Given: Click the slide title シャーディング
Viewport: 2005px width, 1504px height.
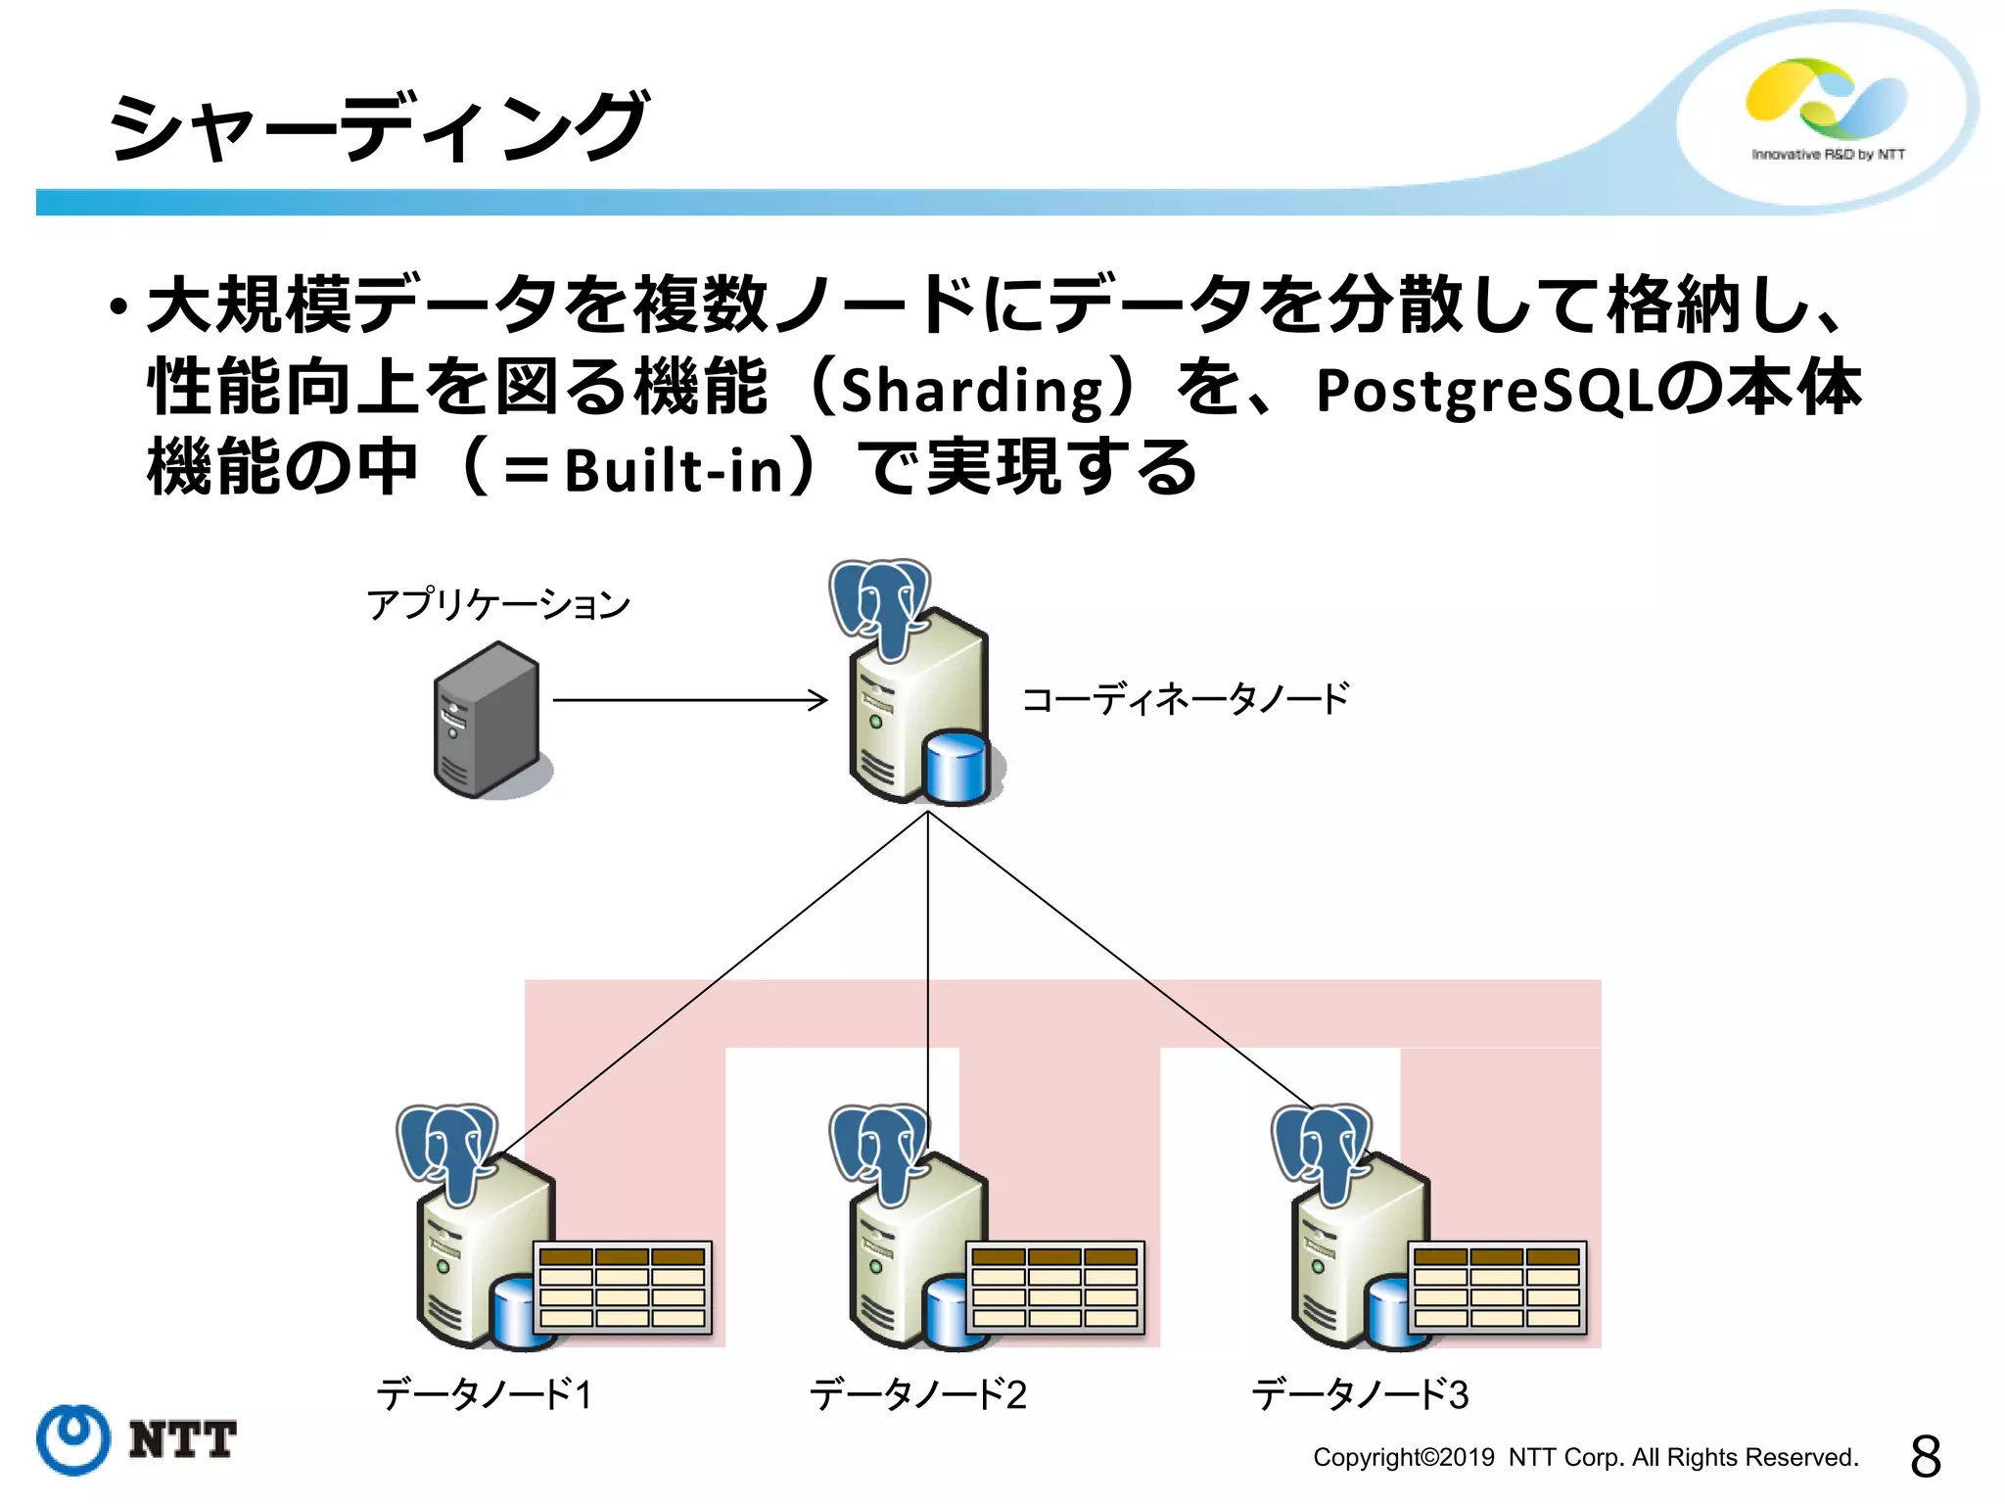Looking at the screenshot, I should pyautogui.click(x=377, y=127).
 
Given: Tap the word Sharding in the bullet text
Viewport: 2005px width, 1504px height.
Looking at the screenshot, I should pyautogui.click(x=972, y=390).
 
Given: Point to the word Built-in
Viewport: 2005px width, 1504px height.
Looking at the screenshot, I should pyautogui.click(x=675, y=471).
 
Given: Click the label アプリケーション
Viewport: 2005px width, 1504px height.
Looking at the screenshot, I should pyautogui.click(x=498, y=604).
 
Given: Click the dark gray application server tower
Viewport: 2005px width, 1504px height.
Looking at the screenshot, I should pyautogui.click(x=487, y=720).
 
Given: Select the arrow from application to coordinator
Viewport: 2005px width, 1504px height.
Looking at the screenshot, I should pyautogui.click(x=689, y=699).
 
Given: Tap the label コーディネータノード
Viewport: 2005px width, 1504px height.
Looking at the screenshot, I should pyautogui.click(x=1186, y=699).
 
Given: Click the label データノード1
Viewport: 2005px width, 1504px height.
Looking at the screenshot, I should pyautogui.click(x=485, y=1393).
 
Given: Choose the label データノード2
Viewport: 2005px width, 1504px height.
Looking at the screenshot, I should pyautogui.click(x=917, y=1393).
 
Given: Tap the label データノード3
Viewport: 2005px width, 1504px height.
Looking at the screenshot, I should pyautogui.click(x=1360, y=1393).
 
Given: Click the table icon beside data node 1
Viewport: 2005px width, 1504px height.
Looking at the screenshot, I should pyautogui.click(x=623, y=1287).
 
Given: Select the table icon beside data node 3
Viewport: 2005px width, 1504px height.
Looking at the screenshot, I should pyautogui.click(x=1497, y=1287).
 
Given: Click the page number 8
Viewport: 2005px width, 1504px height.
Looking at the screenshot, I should pyautogui.click(x=1925, y=1456).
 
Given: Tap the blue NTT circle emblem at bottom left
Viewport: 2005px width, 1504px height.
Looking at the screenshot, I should pyautogui.click(x=73, y=1439).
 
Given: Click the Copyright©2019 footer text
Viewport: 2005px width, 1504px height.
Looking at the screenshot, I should pyautogui.click(x=1585, y=1457).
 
